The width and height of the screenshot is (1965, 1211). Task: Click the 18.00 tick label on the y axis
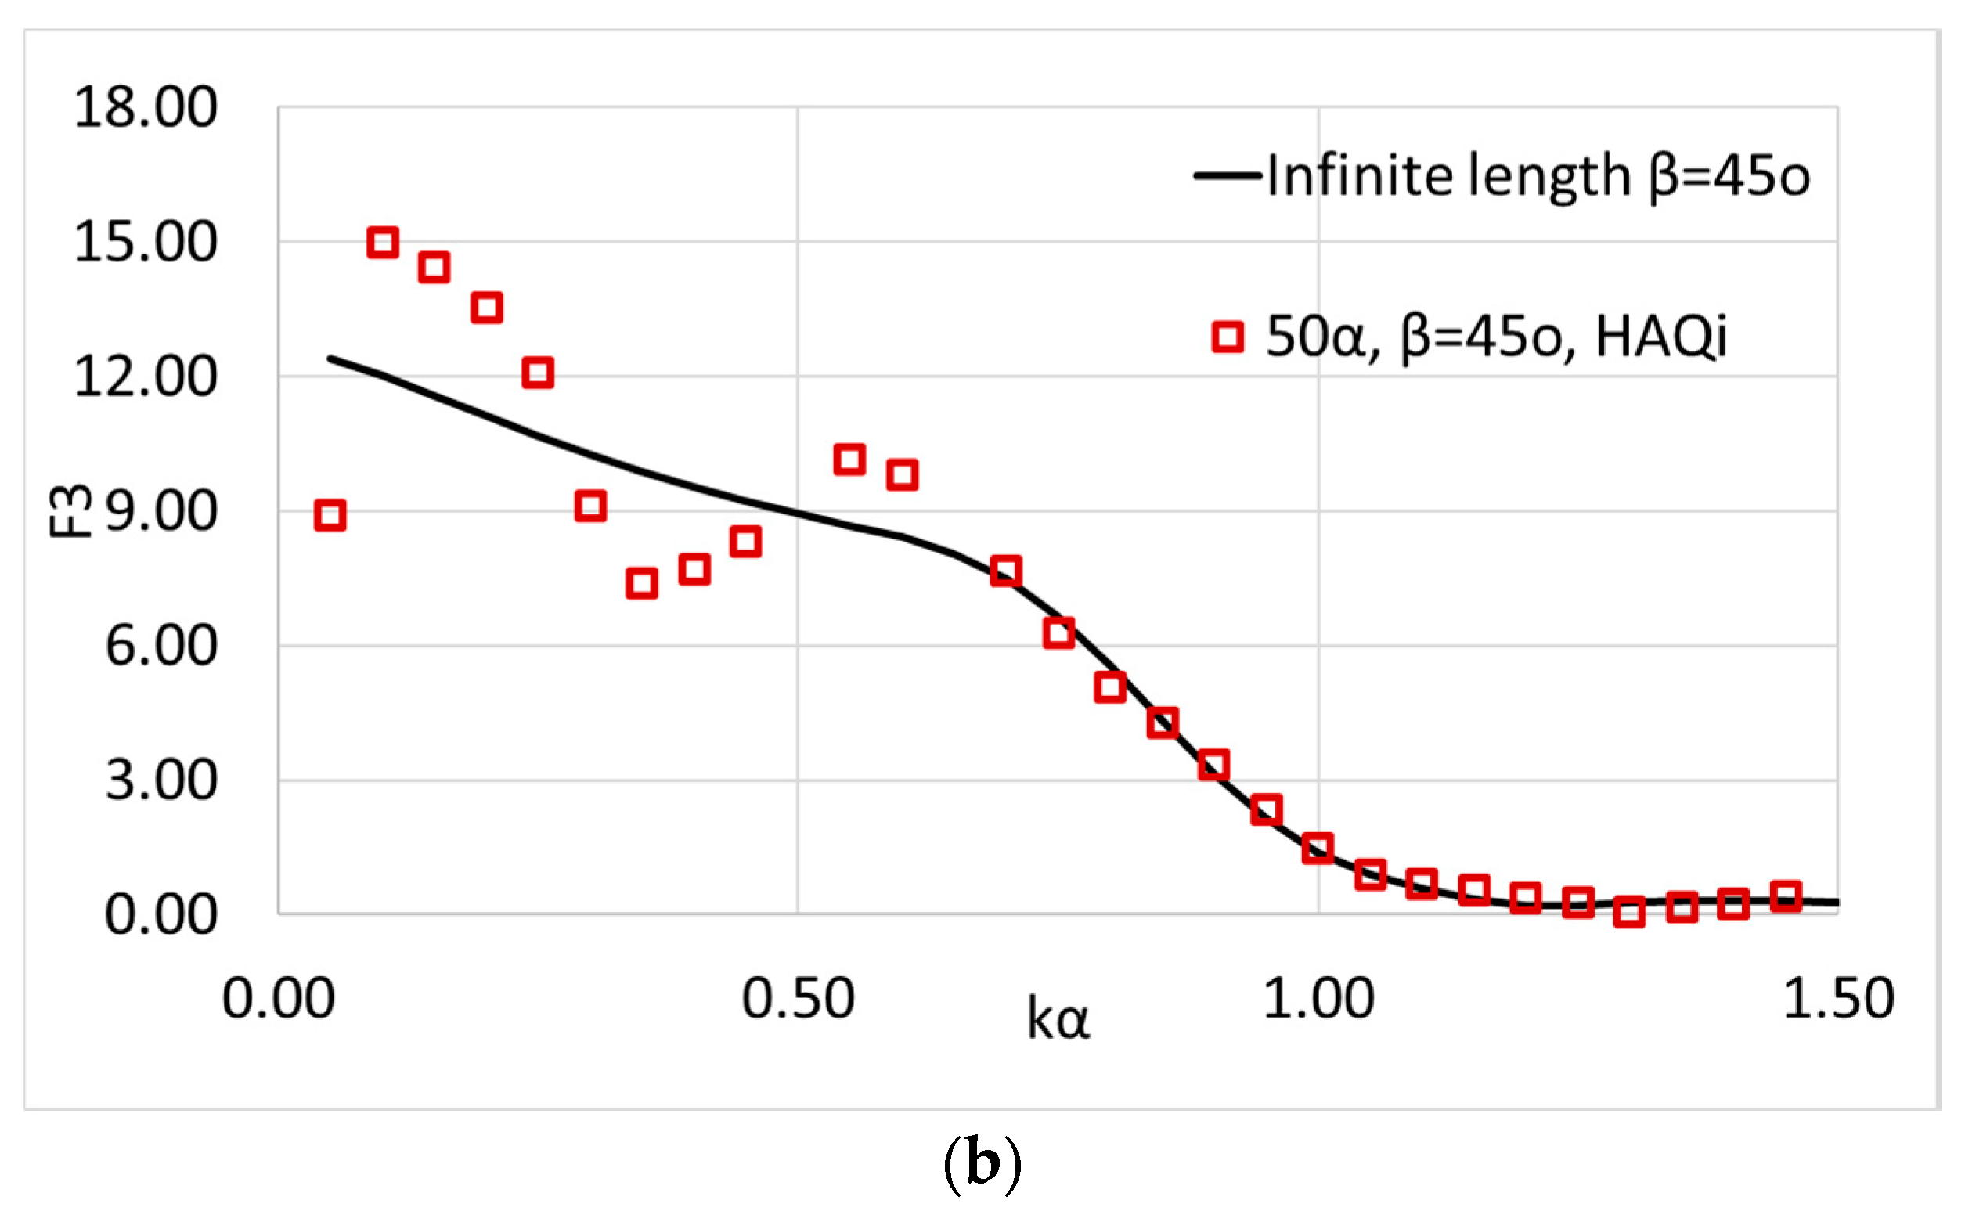145,106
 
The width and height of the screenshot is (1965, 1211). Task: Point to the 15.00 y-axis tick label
145,241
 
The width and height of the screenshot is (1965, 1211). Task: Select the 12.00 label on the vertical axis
145,377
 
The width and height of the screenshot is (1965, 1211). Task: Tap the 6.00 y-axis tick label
160,646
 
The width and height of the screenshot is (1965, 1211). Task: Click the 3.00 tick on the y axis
160,780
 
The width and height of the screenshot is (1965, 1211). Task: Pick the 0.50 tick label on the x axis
798,999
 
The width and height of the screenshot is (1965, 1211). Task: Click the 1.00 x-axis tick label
1318,999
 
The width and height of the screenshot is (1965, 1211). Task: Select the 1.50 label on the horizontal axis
1838,999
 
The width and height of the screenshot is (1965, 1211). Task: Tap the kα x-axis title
1058,1020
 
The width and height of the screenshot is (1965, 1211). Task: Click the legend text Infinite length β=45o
1538,175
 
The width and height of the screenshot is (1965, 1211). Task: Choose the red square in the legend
1228,337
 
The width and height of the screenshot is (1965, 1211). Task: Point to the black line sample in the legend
1227,175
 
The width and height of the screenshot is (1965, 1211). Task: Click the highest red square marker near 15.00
383,242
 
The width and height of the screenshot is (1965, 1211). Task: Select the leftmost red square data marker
330,515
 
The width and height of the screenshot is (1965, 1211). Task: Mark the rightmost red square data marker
1786,896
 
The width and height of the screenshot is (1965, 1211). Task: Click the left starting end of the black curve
330,358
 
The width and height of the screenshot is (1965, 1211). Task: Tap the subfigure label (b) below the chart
982,1164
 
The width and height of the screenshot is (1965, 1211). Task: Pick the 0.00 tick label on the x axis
278,999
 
